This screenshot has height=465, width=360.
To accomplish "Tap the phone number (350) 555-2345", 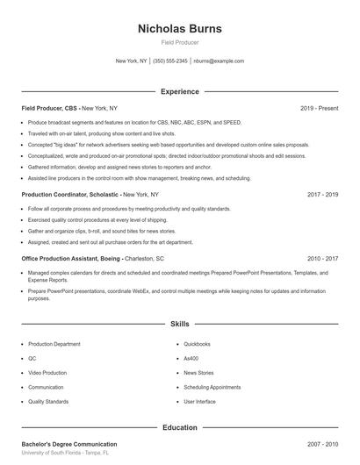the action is (x=170, y=61).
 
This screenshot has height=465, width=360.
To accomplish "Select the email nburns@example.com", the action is (x=219, y=61).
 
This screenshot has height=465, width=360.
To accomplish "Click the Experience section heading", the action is (x=180, y=91).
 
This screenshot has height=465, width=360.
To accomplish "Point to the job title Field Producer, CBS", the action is (x=49, y=108).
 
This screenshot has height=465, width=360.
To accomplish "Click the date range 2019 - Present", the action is (x=320, y=108).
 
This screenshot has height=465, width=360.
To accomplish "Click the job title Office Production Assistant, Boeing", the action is (x=71, y=259).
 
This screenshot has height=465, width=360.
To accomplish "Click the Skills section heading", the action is (x=180, y=324).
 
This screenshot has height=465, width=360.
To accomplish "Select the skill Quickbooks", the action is (x=198, y=344).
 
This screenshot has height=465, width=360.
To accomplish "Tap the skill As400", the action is (x=191, y=358).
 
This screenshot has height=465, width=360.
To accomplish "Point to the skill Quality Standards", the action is (x=49, y=401).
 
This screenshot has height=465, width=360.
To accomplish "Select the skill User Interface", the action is (x=200, y=401).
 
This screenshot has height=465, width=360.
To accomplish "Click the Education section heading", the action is (x=180, y=427).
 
